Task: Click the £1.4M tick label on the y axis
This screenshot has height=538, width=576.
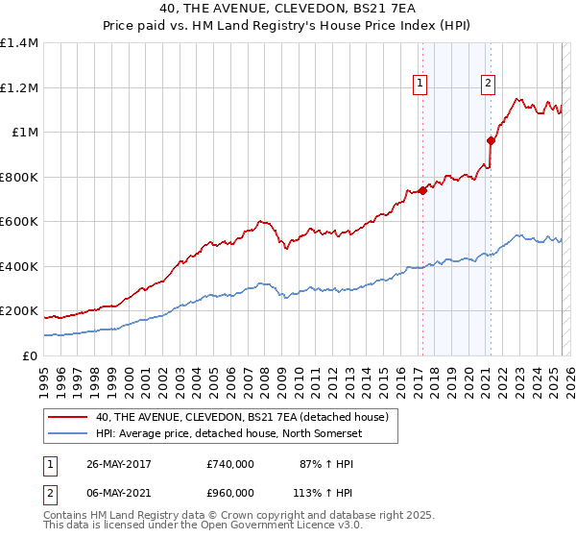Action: (x=20, y=43)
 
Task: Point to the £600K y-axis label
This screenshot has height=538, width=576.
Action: (x=20, y=222)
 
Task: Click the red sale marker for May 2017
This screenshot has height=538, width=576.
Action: (x=422, y=190)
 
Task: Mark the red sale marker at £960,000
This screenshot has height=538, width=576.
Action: (x=490, y=141)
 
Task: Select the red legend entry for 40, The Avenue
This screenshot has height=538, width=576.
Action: (x=241, y=417)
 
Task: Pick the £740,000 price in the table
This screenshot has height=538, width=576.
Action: (x=230, y=464)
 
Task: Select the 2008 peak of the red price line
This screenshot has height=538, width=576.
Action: (x=260, y=220)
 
